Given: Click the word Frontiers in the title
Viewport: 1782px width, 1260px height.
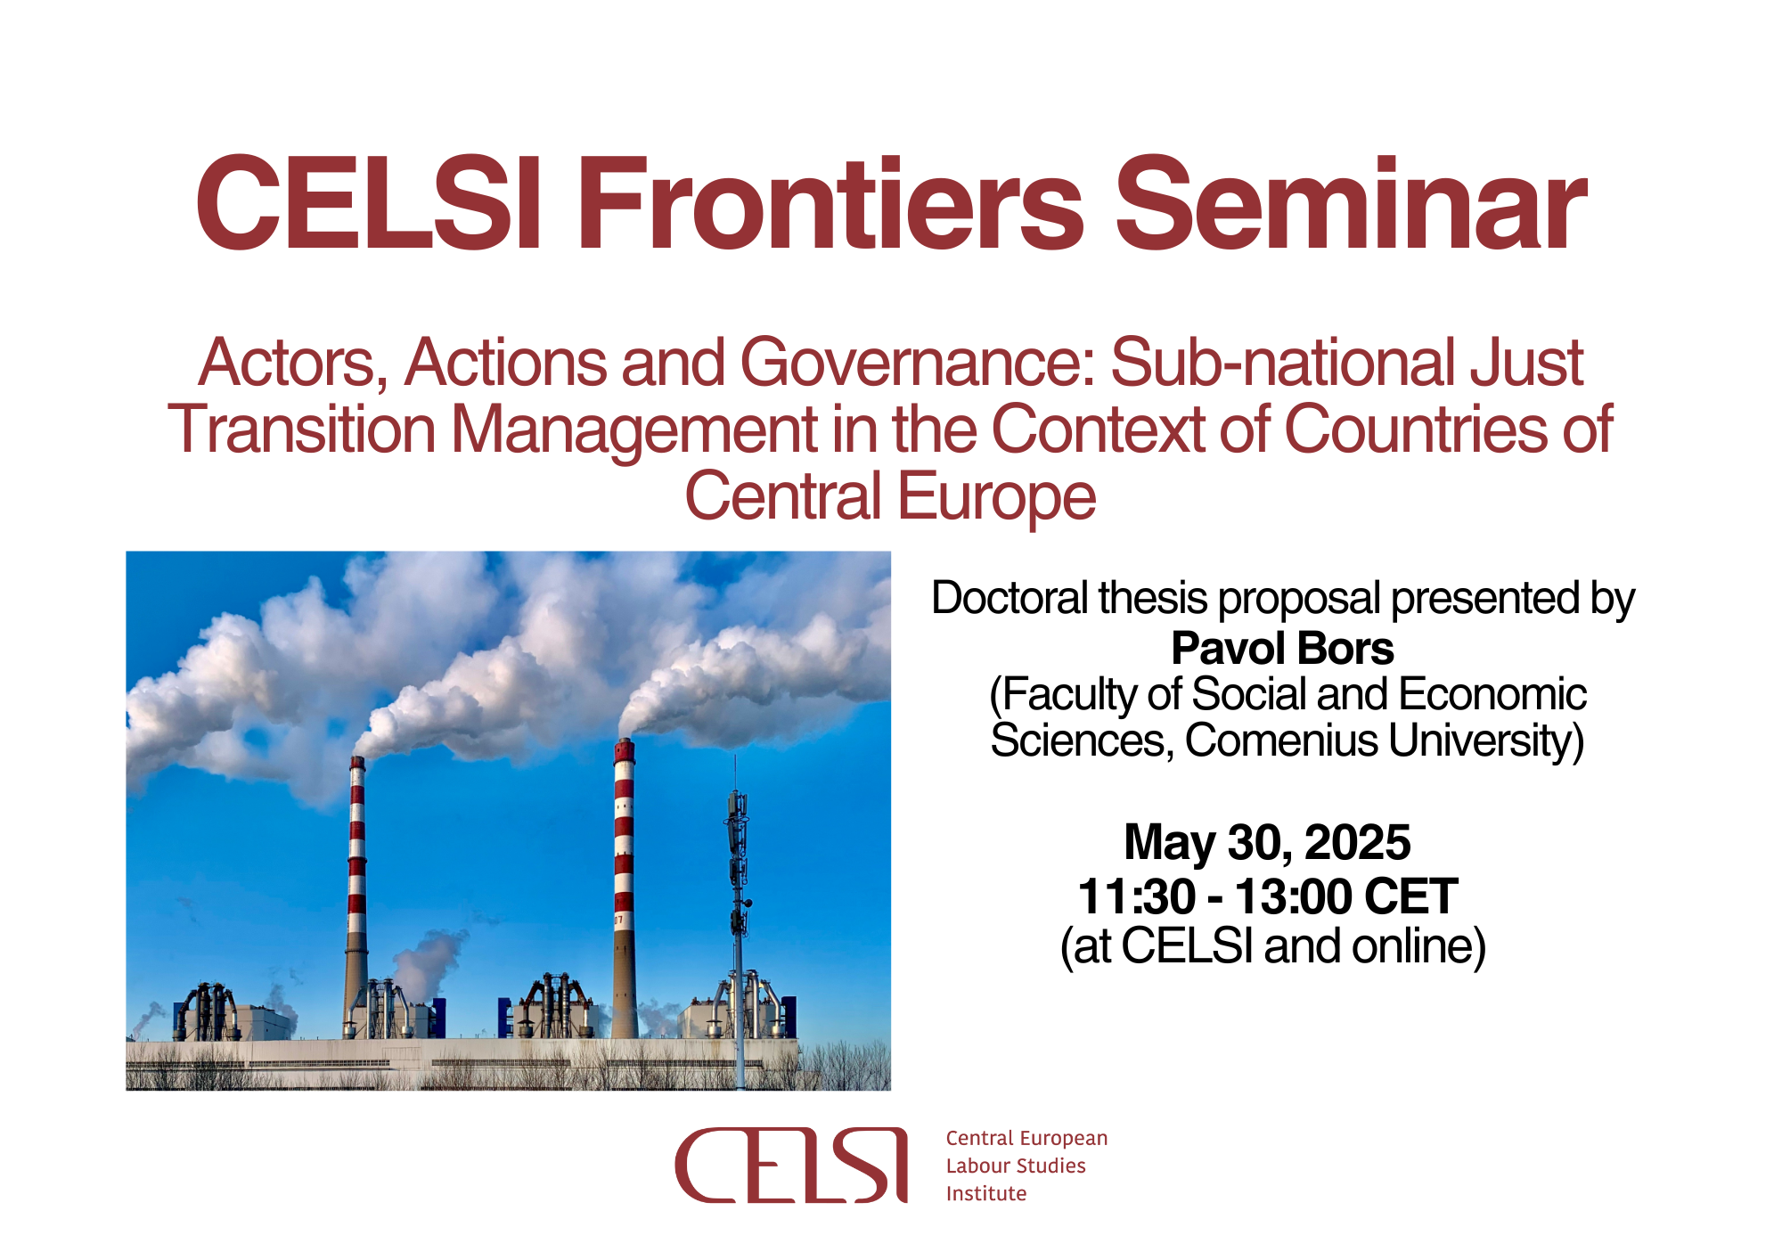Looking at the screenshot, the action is [830, 204].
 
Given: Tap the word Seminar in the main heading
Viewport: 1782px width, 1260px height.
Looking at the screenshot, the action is [1351, 204].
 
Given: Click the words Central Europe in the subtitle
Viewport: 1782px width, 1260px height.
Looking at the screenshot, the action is [890, 496].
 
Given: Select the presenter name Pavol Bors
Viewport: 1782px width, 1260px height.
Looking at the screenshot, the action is [1282, 648].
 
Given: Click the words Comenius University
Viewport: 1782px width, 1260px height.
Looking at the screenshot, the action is [1384, 740].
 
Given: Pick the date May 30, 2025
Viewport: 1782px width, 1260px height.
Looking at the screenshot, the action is [1267, 842].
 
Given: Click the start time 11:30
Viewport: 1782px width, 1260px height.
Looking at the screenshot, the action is [1136, 896].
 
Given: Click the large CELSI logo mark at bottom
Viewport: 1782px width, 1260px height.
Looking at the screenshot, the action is [791, 1166].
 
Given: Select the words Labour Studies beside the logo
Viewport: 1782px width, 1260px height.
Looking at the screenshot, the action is [1016, 1166].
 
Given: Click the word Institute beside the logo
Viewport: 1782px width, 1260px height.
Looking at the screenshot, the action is [986, 1193].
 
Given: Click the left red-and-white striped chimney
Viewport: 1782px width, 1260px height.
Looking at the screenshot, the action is [356, 896].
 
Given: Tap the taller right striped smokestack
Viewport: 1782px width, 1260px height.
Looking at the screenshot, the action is [625, 887].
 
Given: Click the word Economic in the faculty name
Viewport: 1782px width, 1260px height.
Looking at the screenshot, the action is [1492, 694].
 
